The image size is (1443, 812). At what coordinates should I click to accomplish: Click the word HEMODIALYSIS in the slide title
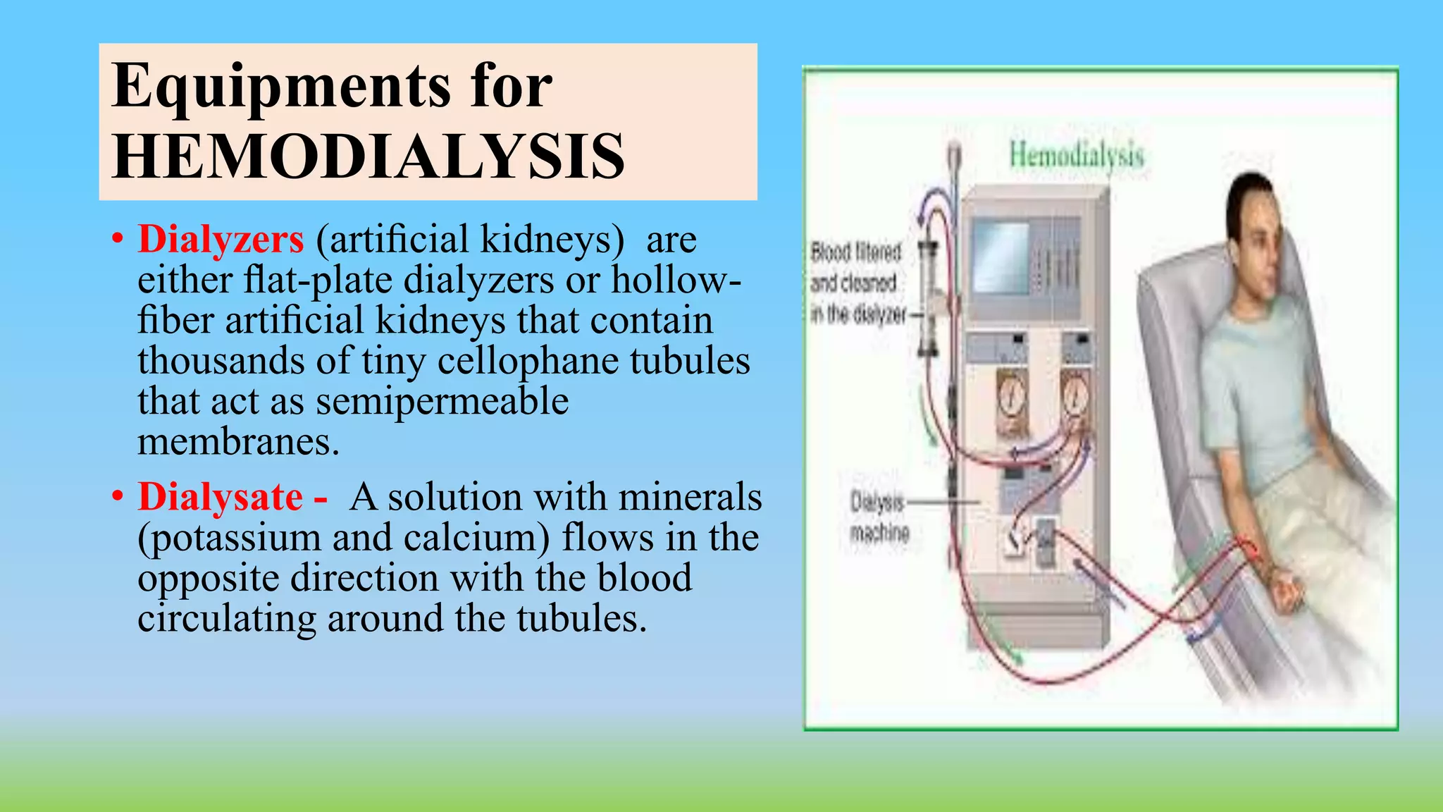(x=368, y=156)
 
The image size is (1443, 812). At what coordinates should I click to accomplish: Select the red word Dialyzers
(x=221, y=239)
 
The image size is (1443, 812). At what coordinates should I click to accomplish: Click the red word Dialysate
(x=221, y=497)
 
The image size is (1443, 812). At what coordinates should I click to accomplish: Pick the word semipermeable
(x=442, y=402)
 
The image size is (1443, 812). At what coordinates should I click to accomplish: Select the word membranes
(x=238, y=442)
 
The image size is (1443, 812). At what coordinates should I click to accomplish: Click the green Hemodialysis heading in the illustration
(x=1076, y=155)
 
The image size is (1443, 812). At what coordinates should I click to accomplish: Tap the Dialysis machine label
(x=879, y=517)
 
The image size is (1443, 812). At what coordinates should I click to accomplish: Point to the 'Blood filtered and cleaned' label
(x=856, y=283)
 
